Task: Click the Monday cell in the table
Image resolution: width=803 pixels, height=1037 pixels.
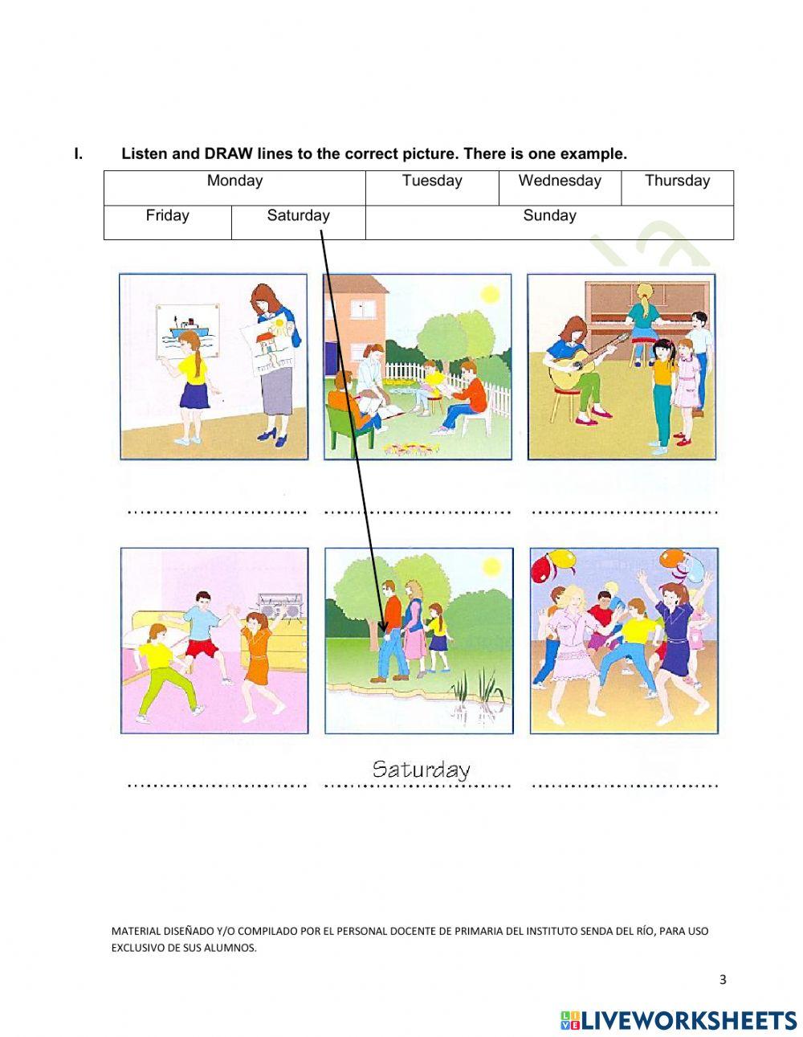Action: [234, 181]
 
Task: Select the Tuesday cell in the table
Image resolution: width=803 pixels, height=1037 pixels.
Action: [432, 181]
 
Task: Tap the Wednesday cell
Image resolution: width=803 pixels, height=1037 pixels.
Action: [560, 181]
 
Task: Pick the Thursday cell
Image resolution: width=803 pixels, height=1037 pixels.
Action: [677, 181]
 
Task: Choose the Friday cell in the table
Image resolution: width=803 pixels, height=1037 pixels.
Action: [167, 215]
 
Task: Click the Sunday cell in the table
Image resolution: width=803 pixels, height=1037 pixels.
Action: [549, 215]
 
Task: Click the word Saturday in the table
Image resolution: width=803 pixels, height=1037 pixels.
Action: [298, 215]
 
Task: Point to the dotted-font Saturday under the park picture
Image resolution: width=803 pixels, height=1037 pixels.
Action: [421, 770]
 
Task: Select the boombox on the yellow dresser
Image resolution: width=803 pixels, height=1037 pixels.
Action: [279, 606]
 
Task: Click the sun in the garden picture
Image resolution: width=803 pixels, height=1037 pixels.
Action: [489, 295]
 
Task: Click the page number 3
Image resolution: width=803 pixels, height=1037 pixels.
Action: [723, 979]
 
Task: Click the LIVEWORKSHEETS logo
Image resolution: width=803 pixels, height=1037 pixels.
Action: [678, 1020]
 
